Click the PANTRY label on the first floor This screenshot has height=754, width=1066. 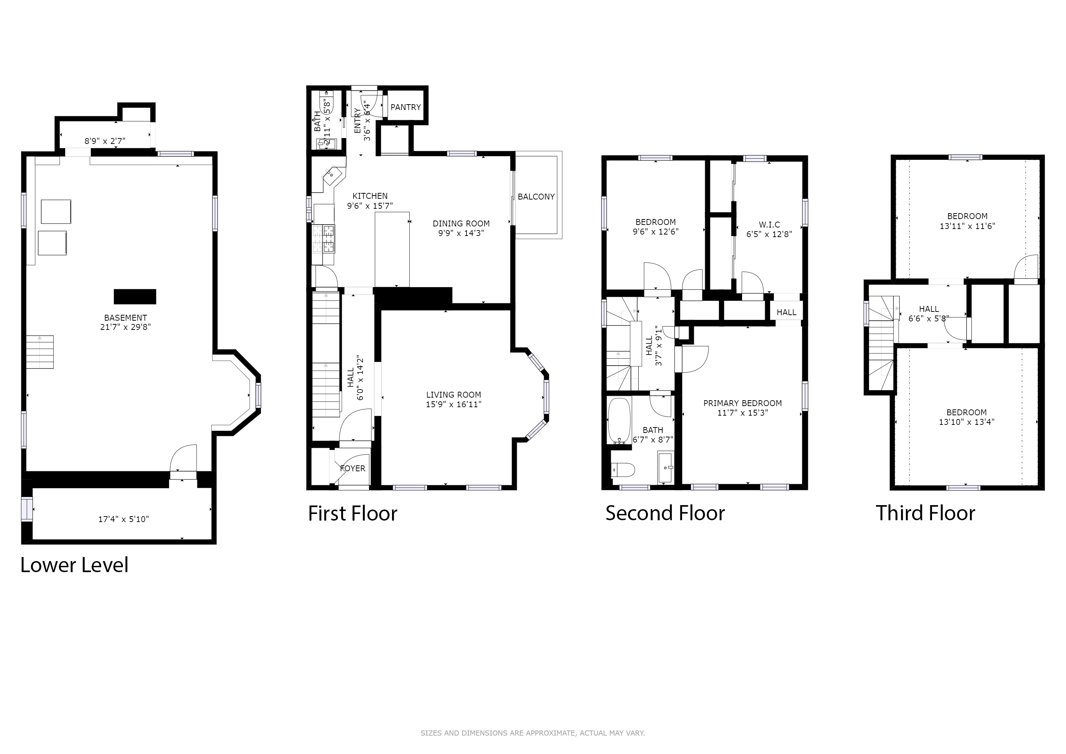405,107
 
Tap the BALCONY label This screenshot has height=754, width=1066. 536,197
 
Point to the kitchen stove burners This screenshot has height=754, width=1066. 323,238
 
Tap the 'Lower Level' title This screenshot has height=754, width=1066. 74,565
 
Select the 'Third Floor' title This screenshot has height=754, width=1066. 925,513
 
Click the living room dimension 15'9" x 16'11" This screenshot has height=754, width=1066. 453,404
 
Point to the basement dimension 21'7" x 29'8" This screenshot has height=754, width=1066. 126,327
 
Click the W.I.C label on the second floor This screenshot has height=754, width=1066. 769,225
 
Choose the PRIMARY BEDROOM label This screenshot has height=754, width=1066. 742,403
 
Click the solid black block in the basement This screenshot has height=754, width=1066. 135,297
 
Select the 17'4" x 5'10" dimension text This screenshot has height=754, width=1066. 124,519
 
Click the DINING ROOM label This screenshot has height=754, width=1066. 461,224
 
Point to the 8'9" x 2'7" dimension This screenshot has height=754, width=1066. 105,141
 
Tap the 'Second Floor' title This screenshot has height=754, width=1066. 665,513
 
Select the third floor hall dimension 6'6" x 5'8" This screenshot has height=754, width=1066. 929,318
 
